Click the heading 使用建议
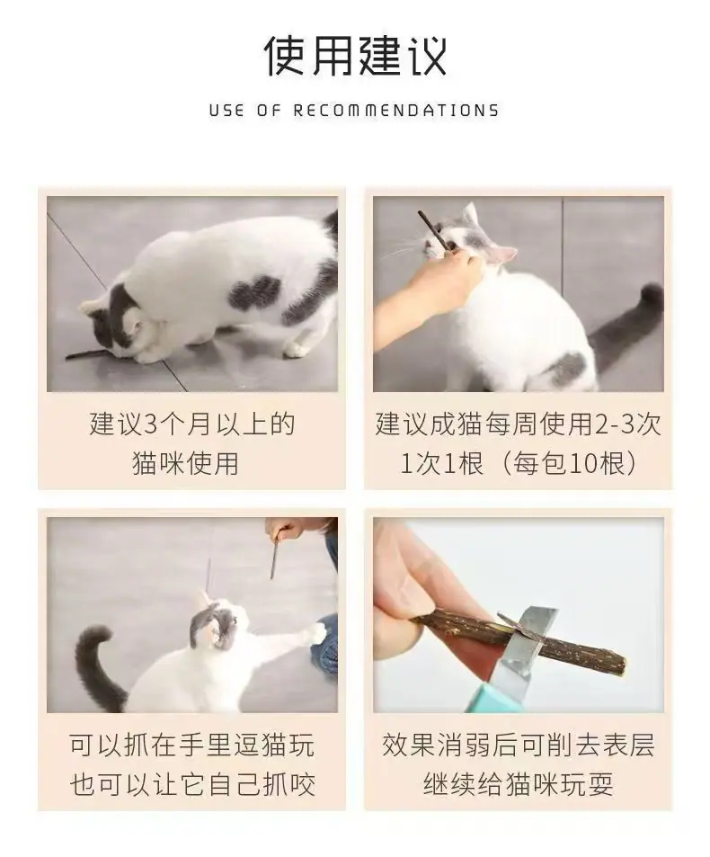click(355, 57)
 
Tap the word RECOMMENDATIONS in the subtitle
click(396, 111)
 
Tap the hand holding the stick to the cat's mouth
click(431, 284)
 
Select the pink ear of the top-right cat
click(503, 254)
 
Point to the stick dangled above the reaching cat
click(275, 558)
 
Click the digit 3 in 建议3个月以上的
click(150, 424)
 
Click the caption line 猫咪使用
click(186, 464)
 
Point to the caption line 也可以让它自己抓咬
click(192, 785)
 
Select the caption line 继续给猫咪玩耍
click(519, 785)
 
